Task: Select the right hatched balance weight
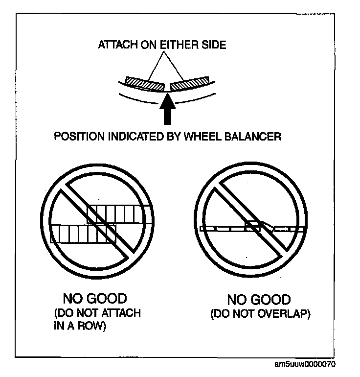(190, 84)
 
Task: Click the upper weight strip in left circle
(117, 214)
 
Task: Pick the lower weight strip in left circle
(82, 234)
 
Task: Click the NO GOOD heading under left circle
(95, 298)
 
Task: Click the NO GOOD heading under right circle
(259, 300)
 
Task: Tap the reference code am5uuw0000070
(305, 365)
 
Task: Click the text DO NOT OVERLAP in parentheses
(260, 314)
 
